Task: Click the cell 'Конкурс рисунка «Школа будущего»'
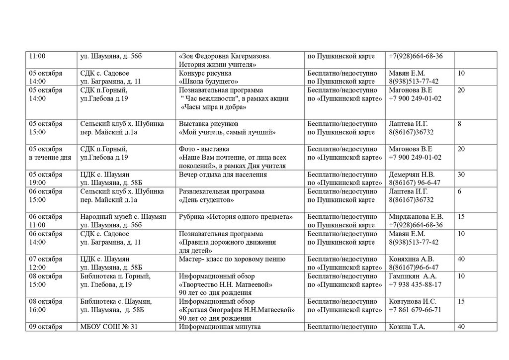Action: click(209, 77)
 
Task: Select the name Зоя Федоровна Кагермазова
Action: click(228, 56)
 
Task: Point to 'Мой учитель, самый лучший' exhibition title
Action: click(228, 132)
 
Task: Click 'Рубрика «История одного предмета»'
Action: click(236, 217)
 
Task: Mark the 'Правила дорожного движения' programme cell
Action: click(228, 242)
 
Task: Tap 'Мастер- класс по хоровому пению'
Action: click(232, 259)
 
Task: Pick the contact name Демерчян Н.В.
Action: click(412, 175)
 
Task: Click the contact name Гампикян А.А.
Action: click(413, 276)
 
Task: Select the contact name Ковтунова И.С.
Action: click(413, 301)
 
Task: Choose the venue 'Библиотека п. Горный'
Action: click(115, 276)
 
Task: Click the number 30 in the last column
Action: click(461, 175)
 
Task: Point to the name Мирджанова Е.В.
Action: click(416, 217)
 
